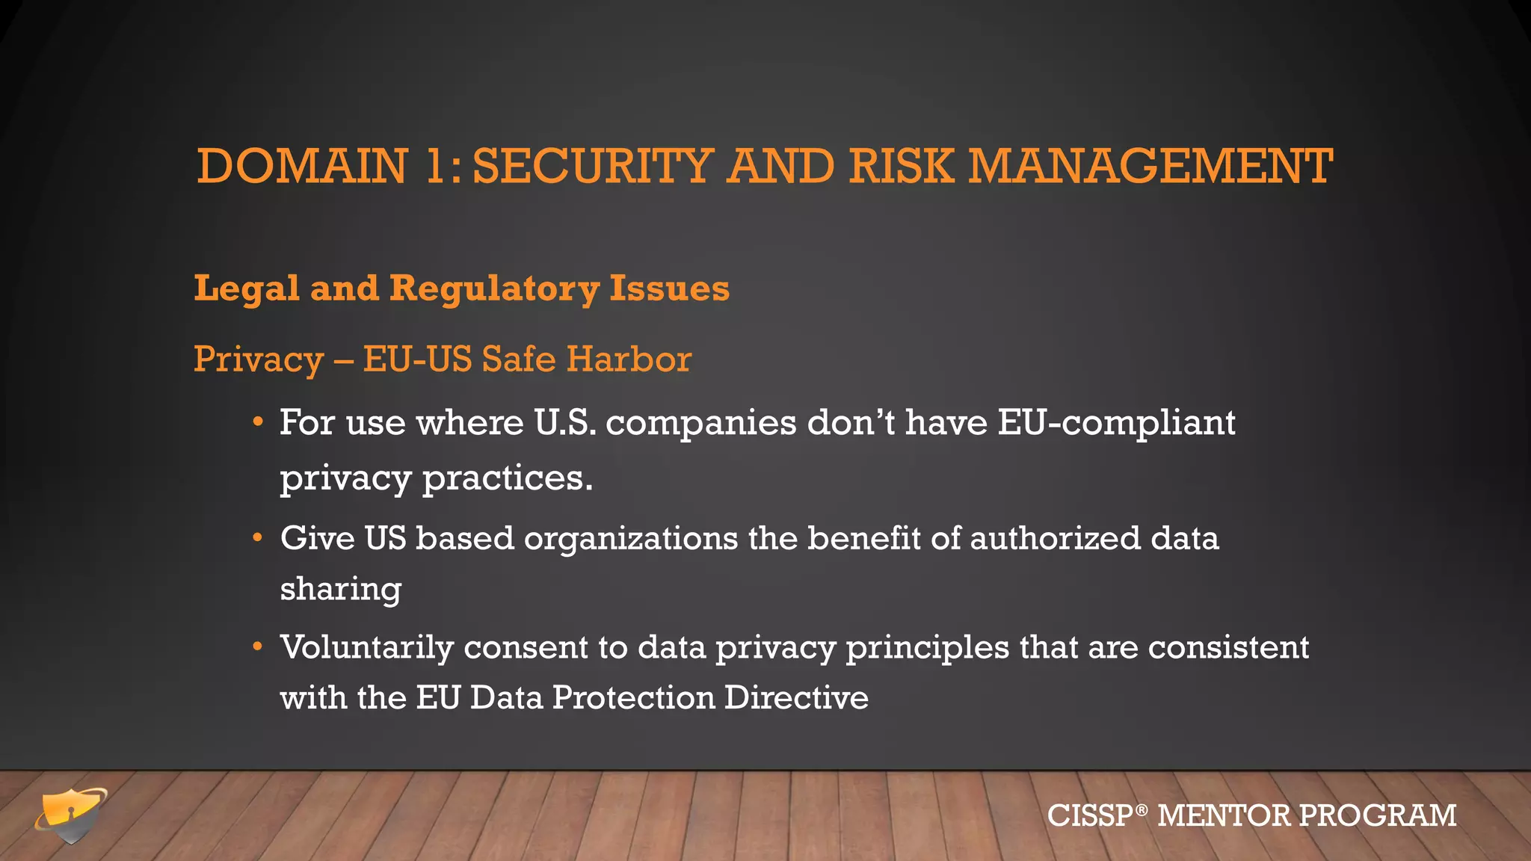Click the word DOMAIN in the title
click(x=302, y=166)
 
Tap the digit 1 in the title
click(x=435, y=166)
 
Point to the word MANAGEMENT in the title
click(x=1150, y=166)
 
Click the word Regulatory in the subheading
click(x=494, y=288)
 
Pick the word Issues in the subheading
click(x=669, y=288)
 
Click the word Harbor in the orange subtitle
click(x=628, y=359)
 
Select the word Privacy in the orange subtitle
click(x=258, y=360)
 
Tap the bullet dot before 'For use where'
click(x=258, y=423)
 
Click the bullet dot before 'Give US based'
click(x=258, y=538)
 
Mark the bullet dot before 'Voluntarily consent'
click(x=258, y=646)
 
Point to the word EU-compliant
click(x=1116, y=423)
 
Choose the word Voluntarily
click(x=366, y=648)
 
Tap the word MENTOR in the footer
click(x=1223, y=815)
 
